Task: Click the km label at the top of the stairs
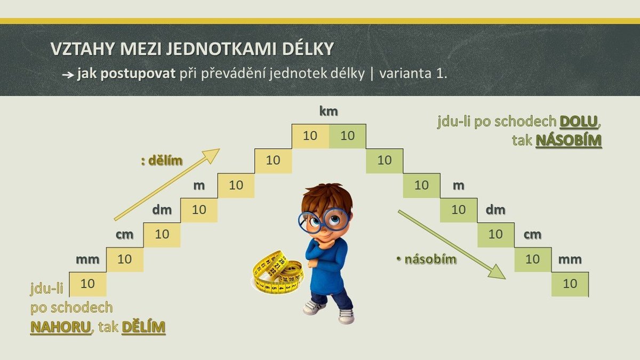(329, 111)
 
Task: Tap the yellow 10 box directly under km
(310, 136)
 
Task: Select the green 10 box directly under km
(347, 136)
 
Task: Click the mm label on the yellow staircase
(87, 259)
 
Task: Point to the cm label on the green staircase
(532, 235)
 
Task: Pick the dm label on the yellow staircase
(162, 210)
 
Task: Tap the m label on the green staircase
(458, 186)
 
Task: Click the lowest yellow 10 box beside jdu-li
(88, 284)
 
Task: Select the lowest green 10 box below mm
(570, 284)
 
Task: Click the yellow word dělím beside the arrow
(165, 161)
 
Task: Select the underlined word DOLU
(579, 122)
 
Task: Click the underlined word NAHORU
(61, 327)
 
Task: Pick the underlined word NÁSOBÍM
(569, 141)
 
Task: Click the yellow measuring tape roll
(278, 273)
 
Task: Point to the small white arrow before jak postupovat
(68, 75)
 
